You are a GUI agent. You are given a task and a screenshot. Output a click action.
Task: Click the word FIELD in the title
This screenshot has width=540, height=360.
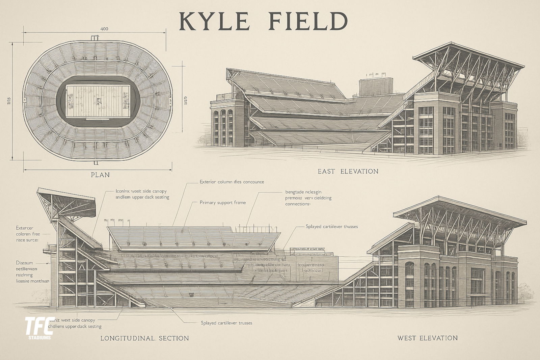pos(308,21)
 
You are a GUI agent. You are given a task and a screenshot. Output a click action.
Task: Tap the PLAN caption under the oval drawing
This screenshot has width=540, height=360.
pos(100,175)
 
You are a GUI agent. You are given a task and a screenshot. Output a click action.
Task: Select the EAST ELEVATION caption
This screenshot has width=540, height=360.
pos(348,171)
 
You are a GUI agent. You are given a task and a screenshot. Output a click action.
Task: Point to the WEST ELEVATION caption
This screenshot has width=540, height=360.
pos(427,338)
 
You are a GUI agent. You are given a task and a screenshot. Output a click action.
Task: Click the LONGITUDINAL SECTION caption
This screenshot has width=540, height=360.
pos(144,338)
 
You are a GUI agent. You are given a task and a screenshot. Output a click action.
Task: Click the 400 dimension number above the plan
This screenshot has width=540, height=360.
pos(104,29)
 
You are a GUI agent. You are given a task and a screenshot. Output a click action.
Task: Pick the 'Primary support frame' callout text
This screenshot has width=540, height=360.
pos(222,203)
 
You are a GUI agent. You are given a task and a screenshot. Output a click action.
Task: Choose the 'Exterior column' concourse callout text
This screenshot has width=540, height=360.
pos(232,182)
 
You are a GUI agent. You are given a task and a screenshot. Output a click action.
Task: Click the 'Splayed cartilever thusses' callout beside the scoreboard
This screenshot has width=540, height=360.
pos(331,226)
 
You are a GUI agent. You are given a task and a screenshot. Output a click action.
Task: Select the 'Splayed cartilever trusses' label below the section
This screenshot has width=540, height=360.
pos(226,323)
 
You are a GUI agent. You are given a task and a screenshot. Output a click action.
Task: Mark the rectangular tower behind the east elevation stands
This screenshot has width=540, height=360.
pos(376,86)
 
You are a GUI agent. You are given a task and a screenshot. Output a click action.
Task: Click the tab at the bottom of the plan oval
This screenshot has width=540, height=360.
pos(96,162)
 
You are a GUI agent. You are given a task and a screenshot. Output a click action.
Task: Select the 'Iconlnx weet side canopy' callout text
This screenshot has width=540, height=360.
pos(142,194)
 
